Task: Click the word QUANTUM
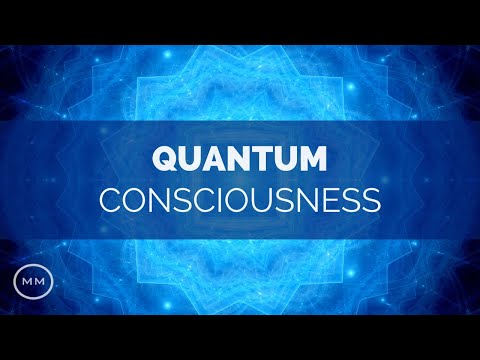pos(239,159)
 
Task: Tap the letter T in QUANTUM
pos(259,159)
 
